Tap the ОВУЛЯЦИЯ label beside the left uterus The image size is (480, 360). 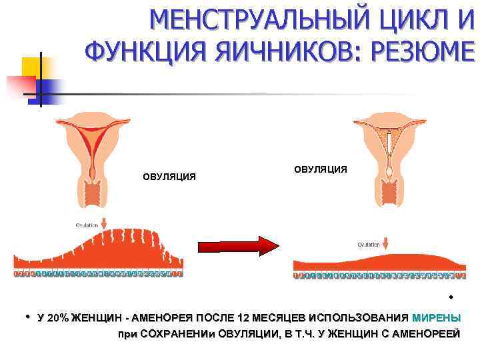click(169, 177)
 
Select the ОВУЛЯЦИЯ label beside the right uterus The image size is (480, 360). click(321, 169)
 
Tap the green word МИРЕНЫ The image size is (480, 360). click(437, 317)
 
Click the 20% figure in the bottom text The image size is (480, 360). click(57, 317)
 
